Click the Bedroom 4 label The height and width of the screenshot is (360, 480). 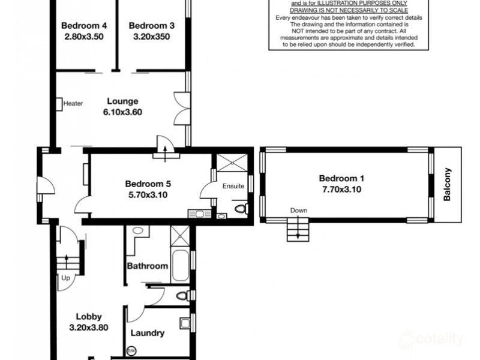click(84, 26)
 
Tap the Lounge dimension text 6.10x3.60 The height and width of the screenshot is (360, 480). click(123, 112)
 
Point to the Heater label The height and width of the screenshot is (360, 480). click(73, 103)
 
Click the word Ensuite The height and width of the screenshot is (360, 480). click(233, 186)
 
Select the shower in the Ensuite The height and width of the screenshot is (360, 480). click(230, 164)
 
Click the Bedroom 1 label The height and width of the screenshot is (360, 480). click(341, 178)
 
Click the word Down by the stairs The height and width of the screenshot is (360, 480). click(298, 211)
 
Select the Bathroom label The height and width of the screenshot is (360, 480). click(147, 266)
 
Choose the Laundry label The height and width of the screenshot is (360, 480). click(148, 333)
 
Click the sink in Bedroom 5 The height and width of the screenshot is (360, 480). click(196, 212)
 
